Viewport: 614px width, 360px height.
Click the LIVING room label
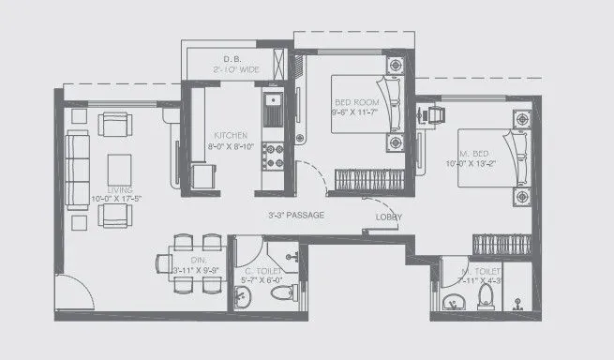[x=118, y=189]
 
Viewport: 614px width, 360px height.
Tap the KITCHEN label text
[x=230, y=134]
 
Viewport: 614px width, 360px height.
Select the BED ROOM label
[x=355, y=103]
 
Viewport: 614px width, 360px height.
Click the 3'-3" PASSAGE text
[x=295, y=216]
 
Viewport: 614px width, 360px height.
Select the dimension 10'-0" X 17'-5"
[x=118, y=199]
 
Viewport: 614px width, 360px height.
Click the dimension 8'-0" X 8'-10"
[x=230, y=144]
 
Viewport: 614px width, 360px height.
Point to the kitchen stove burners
[x=275, y=149]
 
